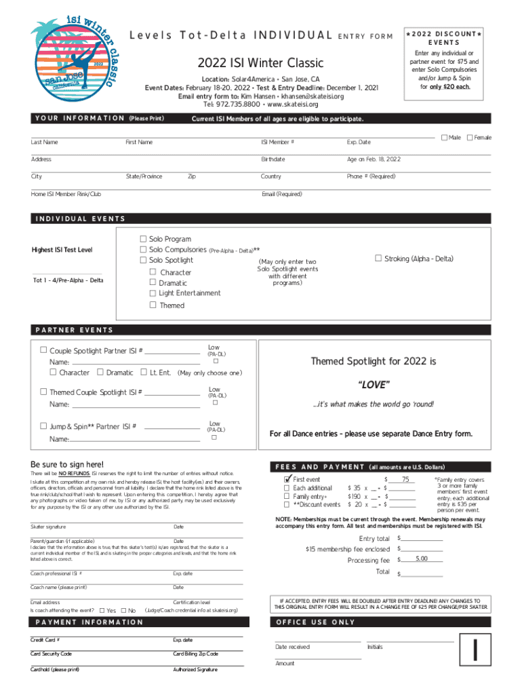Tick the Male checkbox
(444, 138)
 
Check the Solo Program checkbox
(143, 239)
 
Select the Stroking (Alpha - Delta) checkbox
(378, 258)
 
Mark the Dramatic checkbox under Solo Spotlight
(153, 282)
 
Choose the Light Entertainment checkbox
(153, 293)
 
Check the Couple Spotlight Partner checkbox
(43, 350)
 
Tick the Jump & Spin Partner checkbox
(43, 426)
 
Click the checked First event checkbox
(286, 478)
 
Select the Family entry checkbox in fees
(286, 496)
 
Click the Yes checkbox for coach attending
(102, 610)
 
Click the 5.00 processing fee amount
(421, 559)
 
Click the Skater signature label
(48, 527)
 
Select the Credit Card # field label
(45, 639)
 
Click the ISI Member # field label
(277, 142)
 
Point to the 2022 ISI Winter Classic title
(261, 64)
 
